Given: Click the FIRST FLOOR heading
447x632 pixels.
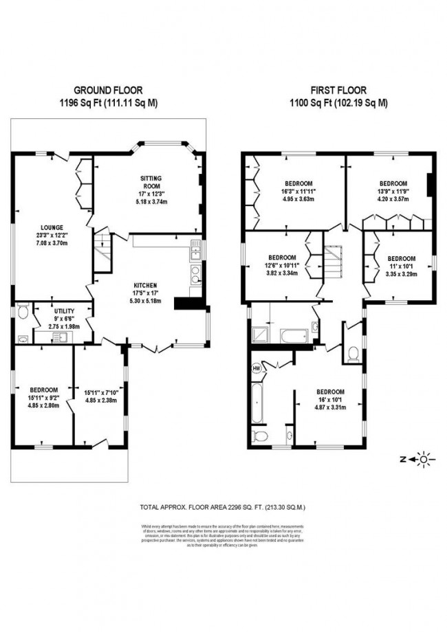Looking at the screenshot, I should pyautogui.click(x=338, y=89).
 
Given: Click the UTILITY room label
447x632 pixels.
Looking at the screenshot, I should pyautogui.click(x=64, y=311).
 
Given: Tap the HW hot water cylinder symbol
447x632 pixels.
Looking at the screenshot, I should pyautogui.click(x=257, y=368).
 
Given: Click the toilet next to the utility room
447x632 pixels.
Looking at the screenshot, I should pyautogui.click(x=23, y=313).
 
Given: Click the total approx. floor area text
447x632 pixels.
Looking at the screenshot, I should pyautogui.click(x=222, y=507).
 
